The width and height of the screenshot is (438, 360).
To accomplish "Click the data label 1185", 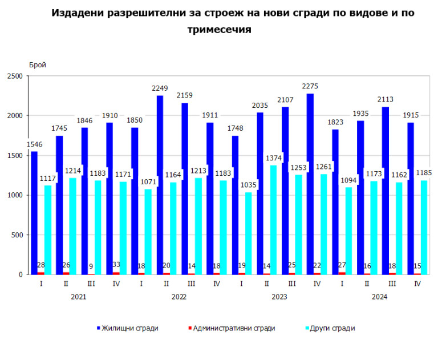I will click(x=424, y=172).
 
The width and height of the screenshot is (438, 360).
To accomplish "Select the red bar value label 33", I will click(x=116, y=265).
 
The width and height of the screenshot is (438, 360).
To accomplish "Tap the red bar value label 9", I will click(x=91, y=265).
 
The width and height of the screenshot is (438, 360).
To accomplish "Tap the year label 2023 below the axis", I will click(x=279, y=297).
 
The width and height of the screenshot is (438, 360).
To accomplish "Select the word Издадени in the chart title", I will click(x=76, y=13).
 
